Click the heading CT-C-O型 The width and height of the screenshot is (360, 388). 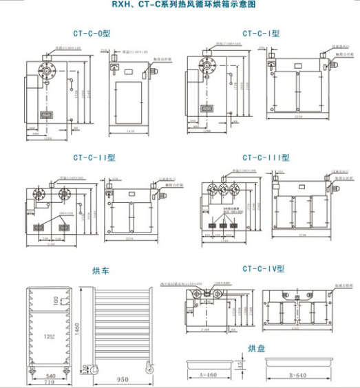coord(91,32)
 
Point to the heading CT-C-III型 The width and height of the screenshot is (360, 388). coord(266,157)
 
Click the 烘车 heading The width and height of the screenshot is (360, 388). coord(101,270)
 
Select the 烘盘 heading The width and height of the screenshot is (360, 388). coord(256,349)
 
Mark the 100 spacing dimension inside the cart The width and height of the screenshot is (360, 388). coord(56,300)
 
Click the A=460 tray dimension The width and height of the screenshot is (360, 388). coord(207,376)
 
